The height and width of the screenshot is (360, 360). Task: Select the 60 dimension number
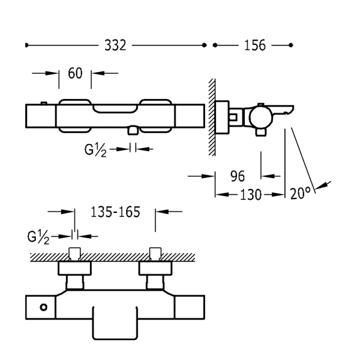click(75, 73)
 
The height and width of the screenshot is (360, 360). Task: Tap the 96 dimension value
click(238, 176)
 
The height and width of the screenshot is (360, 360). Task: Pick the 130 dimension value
click(250, 194)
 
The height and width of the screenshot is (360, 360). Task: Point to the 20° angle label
click(299, 194)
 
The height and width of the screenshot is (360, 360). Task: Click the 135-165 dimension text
click(115, 212)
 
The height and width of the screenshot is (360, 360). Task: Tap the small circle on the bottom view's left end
click(43, 308)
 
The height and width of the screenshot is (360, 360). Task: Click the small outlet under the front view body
click(133, 129)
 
